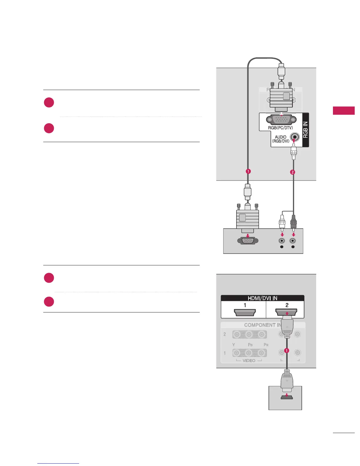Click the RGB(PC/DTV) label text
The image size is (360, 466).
[280, 128]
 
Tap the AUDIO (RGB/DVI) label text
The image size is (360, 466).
[281, 139]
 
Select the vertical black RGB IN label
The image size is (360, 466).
[306, 130]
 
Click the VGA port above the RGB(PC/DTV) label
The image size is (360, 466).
[279, 119]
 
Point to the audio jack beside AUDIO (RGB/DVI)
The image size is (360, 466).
[295, 137]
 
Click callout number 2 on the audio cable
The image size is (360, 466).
[292, 172]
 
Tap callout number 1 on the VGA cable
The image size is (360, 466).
[248, 171]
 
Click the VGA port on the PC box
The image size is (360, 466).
[248, 241]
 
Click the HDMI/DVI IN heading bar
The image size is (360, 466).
[262, 298]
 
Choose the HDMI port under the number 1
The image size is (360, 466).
[245, 312]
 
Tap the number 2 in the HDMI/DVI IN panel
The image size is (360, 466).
[287, 305]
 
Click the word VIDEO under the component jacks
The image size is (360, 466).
[249, 361]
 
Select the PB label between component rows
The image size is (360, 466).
[250, 345]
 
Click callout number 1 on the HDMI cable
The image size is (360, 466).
[287, 351]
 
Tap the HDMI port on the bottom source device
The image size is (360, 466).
[286, 397]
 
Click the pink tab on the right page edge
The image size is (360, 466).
[344, 111]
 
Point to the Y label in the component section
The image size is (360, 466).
[234, 345]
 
